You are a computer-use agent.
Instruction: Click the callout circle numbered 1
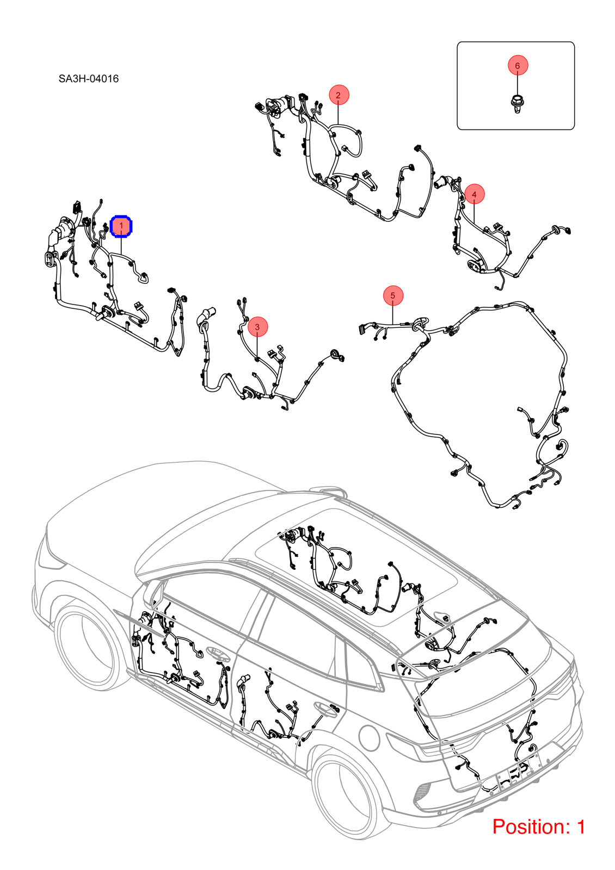[121, 226]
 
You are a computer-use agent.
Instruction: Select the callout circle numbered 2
[339, 95]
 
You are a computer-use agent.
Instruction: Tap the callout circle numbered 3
[257, 327]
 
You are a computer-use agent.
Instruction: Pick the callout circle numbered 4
[474, 194]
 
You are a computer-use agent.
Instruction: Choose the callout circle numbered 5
[392, 296]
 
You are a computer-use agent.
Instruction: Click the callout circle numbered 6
[518, 65]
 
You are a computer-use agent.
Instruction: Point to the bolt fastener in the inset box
[516, 103]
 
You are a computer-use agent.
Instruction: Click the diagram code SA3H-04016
[89, 79]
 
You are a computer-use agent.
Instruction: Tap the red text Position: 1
[539, 826]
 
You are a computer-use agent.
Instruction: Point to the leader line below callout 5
[392, 315]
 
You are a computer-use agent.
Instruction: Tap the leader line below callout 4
[474, 213]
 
